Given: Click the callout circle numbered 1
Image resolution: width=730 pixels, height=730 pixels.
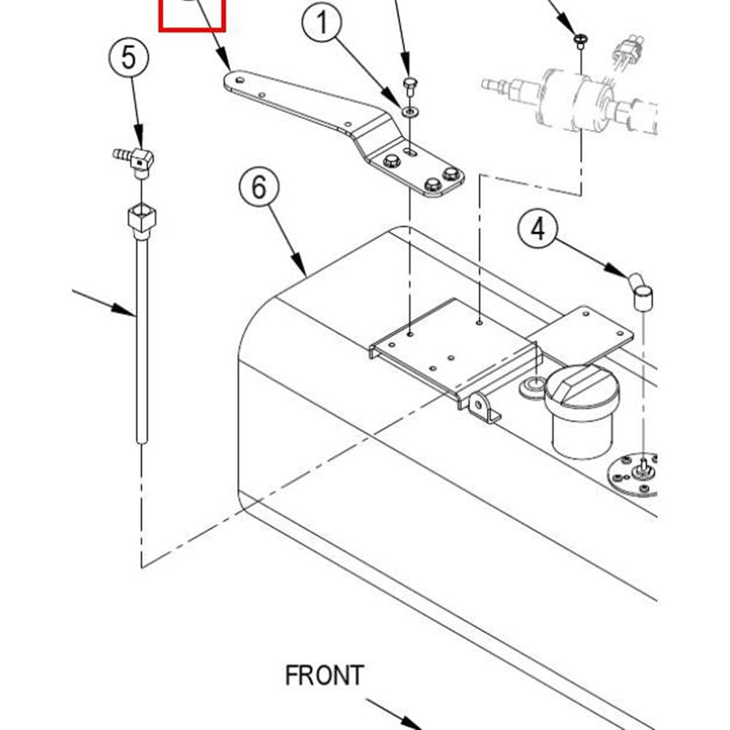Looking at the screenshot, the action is coord(322,23).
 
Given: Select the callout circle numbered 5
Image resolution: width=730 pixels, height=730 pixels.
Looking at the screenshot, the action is coord(129,58).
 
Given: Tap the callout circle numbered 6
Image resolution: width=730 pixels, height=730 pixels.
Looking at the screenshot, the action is coord(259,187).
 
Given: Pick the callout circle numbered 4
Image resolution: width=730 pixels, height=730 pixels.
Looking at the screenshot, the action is coord(538,228).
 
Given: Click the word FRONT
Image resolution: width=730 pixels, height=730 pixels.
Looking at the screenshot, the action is coord(325,675).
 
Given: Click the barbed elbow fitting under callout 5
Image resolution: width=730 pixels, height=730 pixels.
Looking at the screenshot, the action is coord(134,161).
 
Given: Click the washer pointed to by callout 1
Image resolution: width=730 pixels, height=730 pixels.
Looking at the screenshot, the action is coord(410,112).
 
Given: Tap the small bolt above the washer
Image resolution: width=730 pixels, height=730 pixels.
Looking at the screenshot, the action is coord(410,86).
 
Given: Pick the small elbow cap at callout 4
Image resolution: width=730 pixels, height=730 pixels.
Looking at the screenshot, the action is coord(641,291).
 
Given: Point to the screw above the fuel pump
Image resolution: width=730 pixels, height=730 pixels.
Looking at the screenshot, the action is coord(580,41).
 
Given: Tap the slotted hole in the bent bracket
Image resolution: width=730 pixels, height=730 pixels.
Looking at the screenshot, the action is coord(410,151).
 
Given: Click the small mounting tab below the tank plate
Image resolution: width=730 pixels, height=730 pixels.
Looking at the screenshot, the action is coord(483,408).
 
